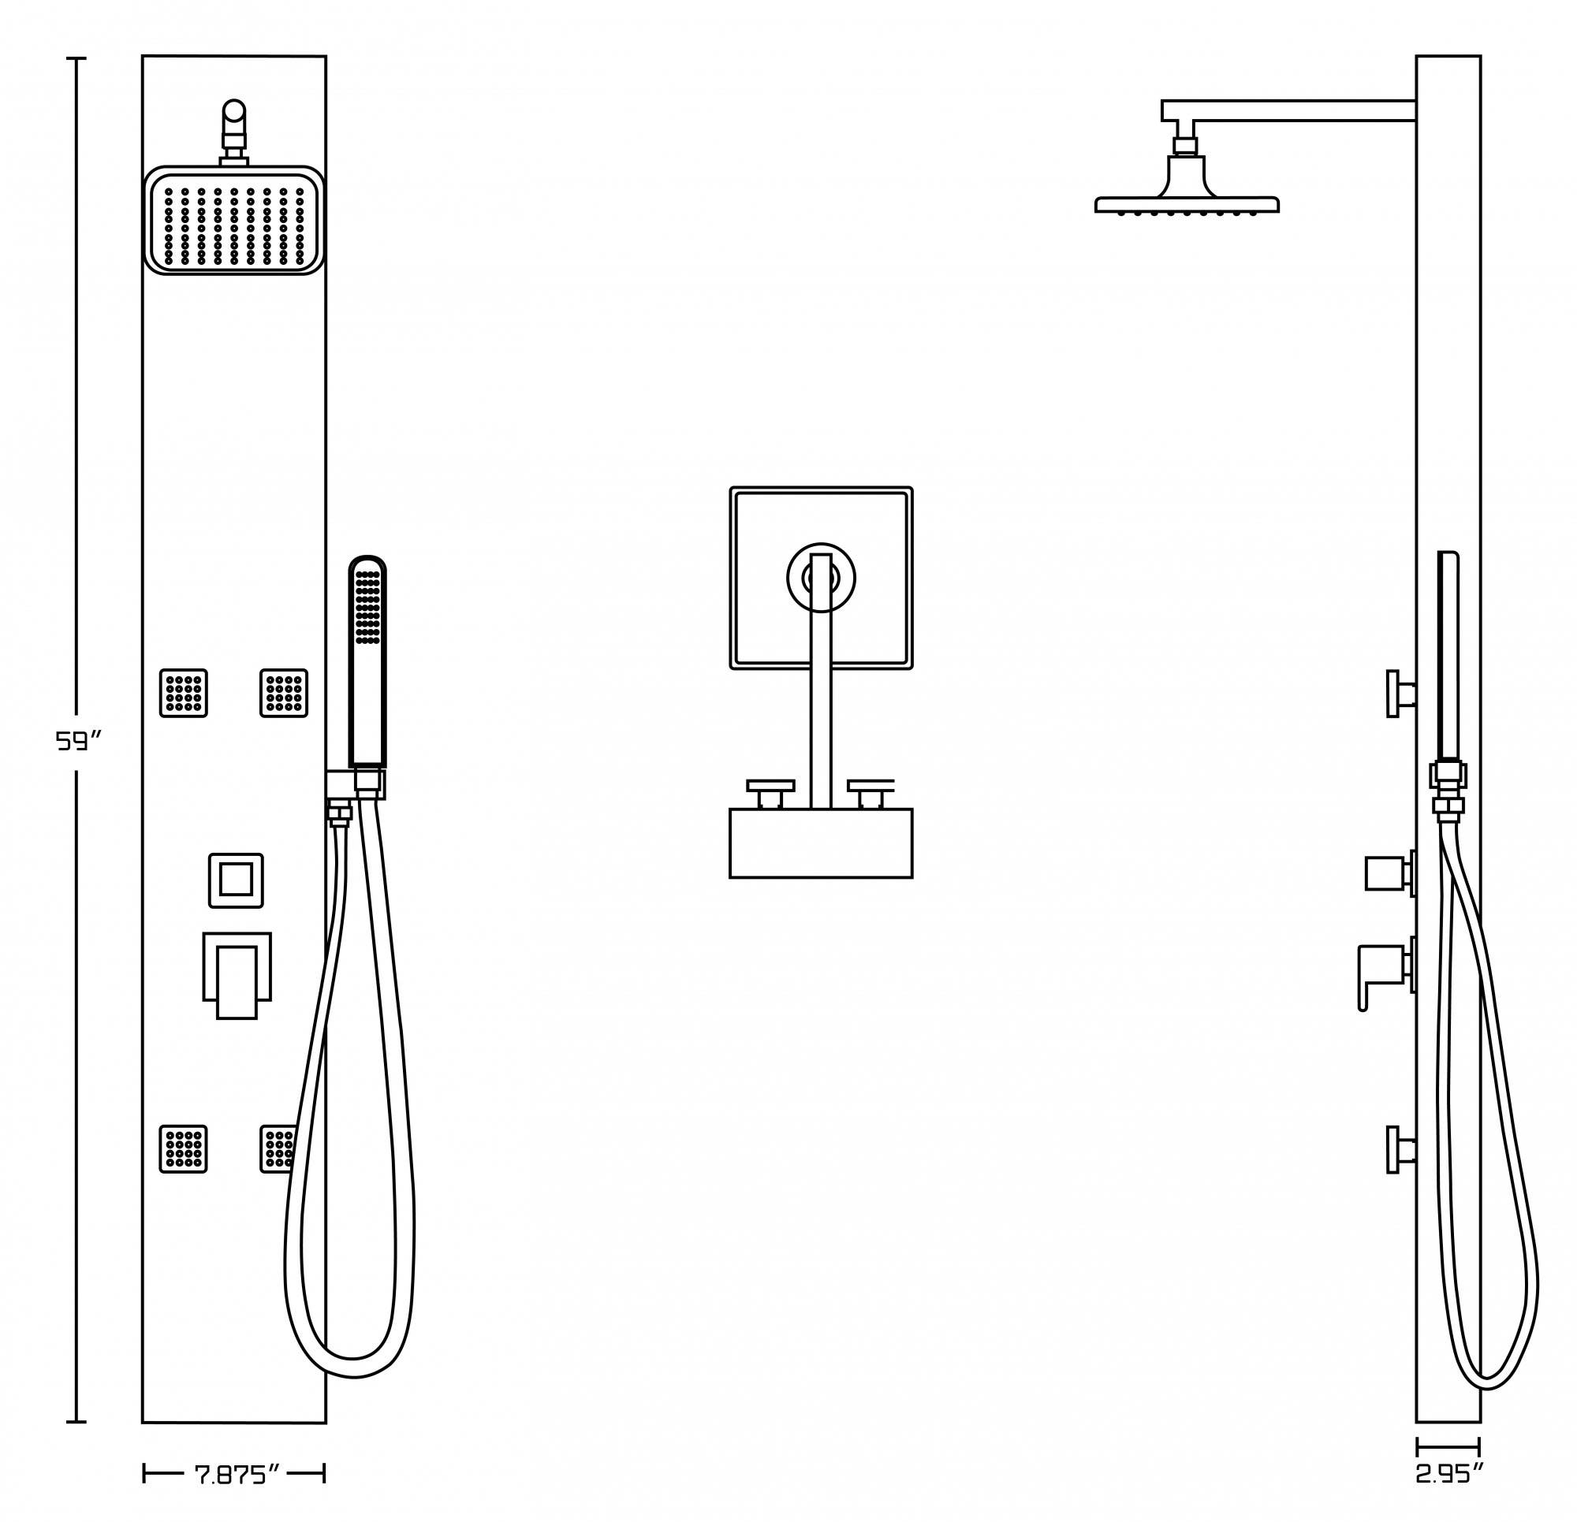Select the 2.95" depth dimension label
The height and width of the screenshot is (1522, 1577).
(1449, 1474)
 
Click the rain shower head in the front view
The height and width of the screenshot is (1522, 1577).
(234, 221)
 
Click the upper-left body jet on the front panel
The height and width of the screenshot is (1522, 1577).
(184, 693)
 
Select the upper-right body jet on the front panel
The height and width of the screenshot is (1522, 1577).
(284, 693)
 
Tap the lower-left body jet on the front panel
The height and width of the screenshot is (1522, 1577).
(184, 1148)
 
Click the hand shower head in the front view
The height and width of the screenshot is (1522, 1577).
(367, 612)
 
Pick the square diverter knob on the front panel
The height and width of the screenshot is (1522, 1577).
(236, 880)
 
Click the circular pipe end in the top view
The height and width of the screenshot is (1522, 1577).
(821, 578)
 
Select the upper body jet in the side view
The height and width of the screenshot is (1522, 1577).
(1400, 694)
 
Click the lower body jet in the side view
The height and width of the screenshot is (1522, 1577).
(1400, 1148)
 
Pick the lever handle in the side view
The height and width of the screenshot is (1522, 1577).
(1381, 969)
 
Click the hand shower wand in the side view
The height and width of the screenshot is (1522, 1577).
(1448, 656)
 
